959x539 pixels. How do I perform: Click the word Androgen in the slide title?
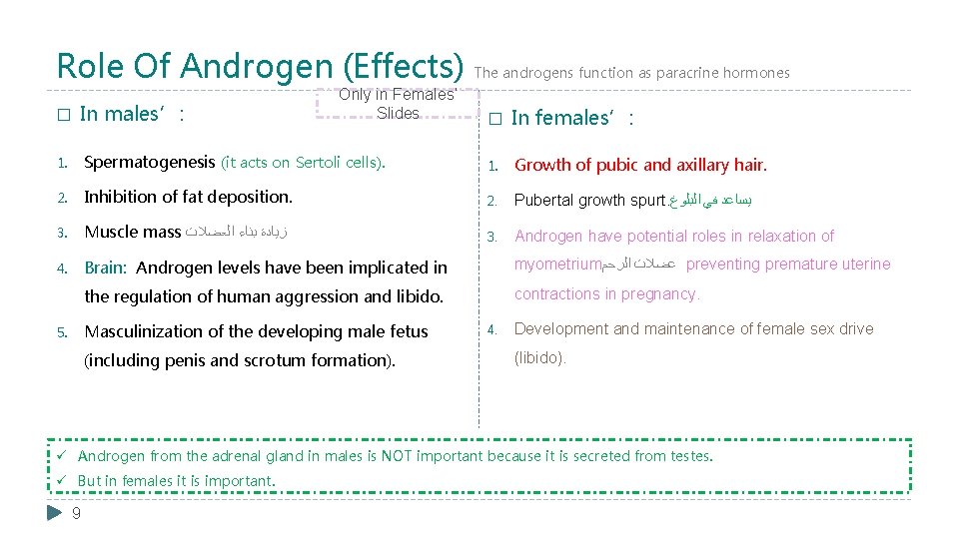click(244, 66)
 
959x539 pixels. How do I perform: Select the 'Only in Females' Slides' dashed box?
click(397, 104)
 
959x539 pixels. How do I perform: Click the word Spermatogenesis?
click(150, 162)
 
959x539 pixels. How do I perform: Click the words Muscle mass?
click(133, 232)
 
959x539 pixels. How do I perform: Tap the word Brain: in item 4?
click(106, 268)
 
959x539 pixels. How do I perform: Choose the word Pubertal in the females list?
click(543, 200)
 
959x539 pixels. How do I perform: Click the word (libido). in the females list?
click(540, 358)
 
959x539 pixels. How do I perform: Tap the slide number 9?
click(77, 513)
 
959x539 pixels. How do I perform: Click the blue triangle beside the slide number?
click(55, 513)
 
